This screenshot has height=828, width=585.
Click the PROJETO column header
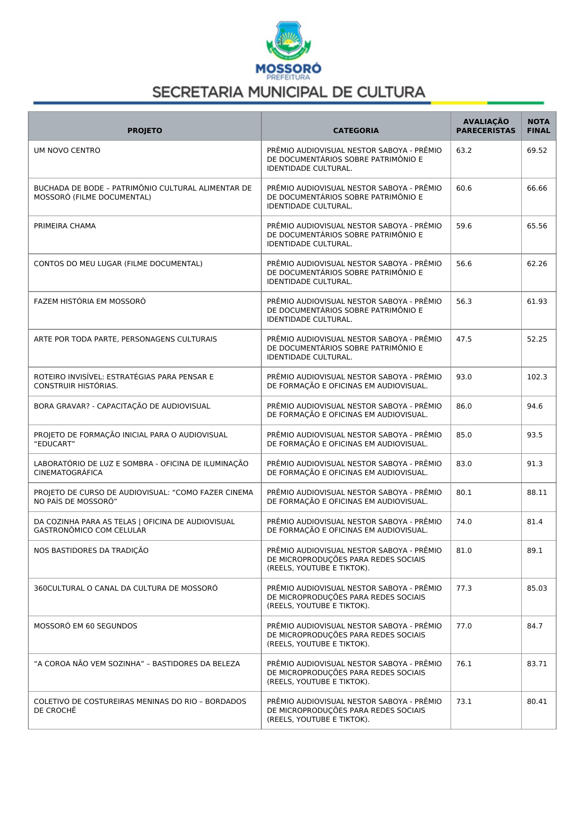pos(144,131)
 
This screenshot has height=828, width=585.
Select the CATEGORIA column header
pos(356,131)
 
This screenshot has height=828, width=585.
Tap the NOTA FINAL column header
pos(538,126)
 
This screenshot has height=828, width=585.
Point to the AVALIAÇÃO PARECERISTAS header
pos(485,126)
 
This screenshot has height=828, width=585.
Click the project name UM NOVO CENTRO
pos(67,151)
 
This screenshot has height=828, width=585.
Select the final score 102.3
pos(537,377)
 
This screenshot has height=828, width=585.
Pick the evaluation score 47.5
pos(464,339)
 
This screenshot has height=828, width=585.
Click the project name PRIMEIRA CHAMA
pos(65,226)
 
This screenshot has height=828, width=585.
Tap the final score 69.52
pos(537,151)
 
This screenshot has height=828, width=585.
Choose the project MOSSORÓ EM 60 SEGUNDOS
pos(85,626)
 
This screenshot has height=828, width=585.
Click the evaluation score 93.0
pos(464,377)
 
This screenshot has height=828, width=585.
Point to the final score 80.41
pos(537,702)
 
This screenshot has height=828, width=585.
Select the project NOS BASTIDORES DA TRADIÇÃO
pos(91,551)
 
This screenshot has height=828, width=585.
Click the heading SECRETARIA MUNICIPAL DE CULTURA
pos(289,92)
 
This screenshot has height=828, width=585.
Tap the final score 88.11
pos(537,493)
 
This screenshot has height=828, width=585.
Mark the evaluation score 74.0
pos(464,522)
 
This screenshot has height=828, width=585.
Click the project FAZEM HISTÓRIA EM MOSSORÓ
pos(90,301)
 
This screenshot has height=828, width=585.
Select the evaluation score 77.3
pos(464,588)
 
